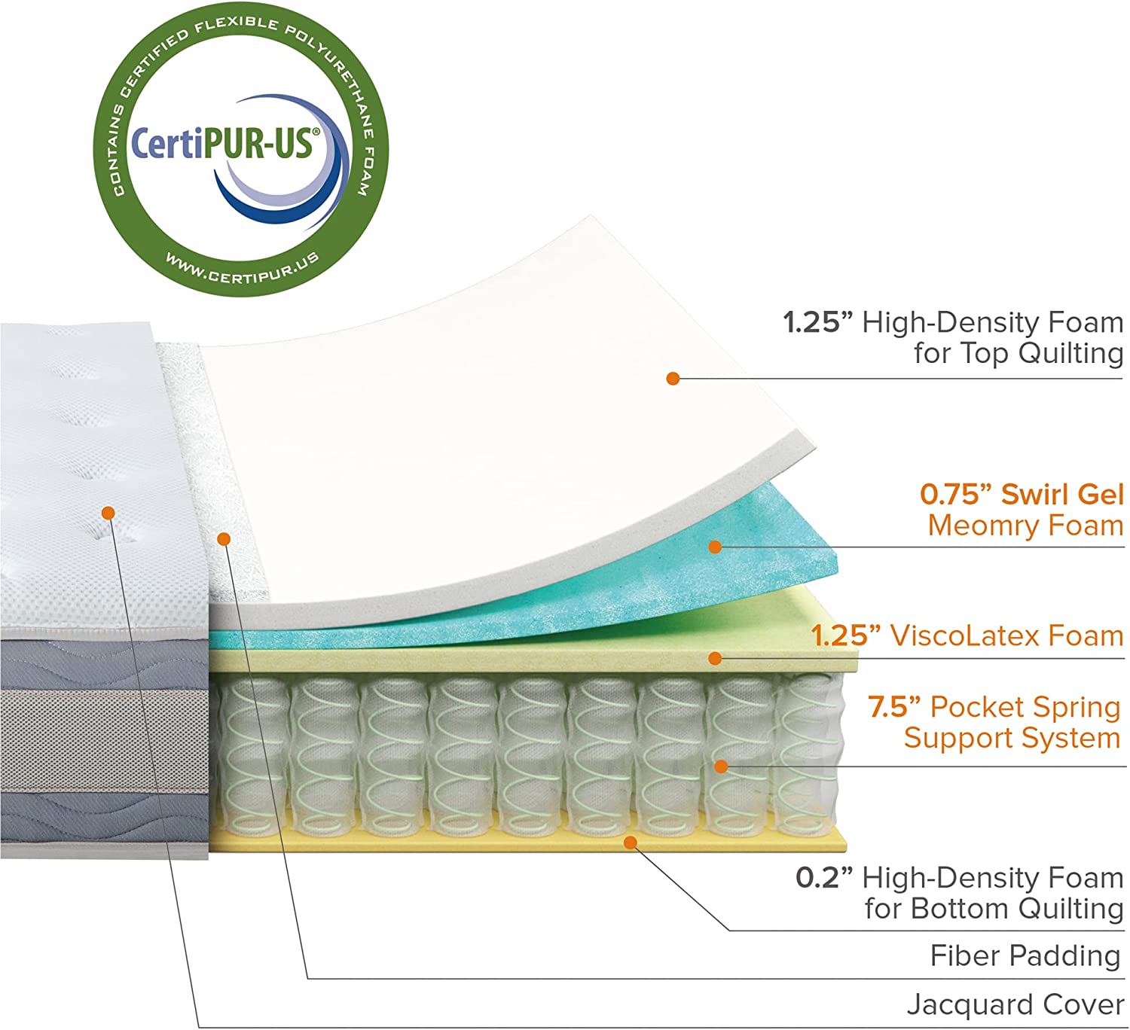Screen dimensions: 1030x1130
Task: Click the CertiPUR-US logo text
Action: [x=223, y=143]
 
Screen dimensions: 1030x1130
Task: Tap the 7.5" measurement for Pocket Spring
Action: [x=894, y=707]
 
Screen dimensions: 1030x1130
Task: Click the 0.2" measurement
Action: [x=825, y=878]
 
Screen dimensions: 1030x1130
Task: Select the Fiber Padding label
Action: [x=1025, y=956]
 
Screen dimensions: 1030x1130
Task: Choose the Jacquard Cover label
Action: [x=1015, y=1005]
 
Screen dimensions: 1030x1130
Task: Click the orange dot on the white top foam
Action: [x=673, y=378]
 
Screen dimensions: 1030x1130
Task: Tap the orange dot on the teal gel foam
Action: [x=715, y=547]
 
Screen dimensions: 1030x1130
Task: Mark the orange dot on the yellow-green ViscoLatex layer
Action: [x=715, y=659]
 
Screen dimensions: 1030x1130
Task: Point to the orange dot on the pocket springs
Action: [x=721, y=766]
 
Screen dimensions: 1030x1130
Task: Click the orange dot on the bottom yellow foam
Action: [x=631, y=843]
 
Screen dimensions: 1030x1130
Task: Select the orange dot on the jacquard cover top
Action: [x=108, y=513]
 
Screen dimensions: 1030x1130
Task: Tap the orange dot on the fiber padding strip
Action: [x=223, y=538]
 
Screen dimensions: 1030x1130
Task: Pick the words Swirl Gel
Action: [x=1062, y=495]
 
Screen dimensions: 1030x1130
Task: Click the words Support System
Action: [x=1012, y=738]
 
